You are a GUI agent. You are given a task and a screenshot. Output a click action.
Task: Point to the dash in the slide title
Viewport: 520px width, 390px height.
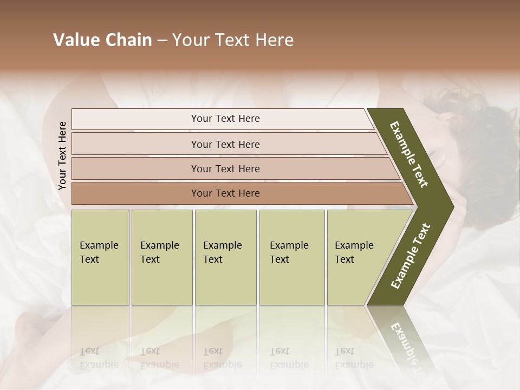pyautogui.click(x=162, y=41)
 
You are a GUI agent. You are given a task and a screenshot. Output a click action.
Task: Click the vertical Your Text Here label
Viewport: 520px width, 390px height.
pyautogui.click(x=62, y=155)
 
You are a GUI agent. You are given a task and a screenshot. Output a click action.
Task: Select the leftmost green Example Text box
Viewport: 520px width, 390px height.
pyautogui.click(x=100, y=257)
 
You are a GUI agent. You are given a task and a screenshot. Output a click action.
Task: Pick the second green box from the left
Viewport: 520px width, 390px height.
pyautogui.click(x=161, y=257)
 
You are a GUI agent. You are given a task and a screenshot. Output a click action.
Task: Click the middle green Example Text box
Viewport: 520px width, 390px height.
pyautogui.click(x=225, y=257)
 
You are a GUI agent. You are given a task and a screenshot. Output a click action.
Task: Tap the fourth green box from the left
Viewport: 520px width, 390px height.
pyautogui.click(x=291, y=257)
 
